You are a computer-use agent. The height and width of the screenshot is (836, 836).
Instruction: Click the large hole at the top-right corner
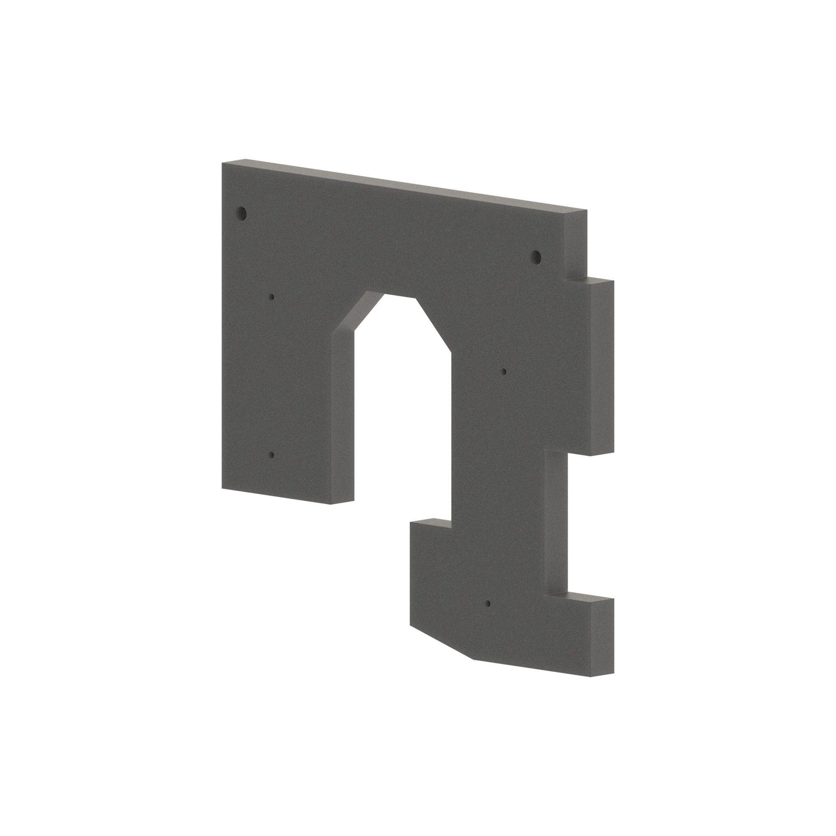pos(537,257)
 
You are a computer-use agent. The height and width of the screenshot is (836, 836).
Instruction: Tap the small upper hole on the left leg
pos(271,297)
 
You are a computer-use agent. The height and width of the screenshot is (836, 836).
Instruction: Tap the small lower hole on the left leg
pos(271,455)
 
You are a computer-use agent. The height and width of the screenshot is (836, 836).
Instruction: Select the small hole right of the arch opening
pos(504,371)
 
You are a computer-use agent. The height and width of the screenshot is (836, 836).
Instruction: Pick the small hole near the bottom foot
pos(488,603)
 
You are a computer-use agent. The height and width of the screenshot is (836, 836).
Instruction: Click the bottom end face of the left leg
pos(342,502)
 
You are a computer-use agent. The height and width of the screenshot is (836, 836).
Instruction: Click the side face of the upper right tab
pos(602,368)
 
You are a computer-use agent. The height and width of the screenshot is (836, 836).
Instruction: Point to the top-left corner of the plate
pos(222,163)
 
